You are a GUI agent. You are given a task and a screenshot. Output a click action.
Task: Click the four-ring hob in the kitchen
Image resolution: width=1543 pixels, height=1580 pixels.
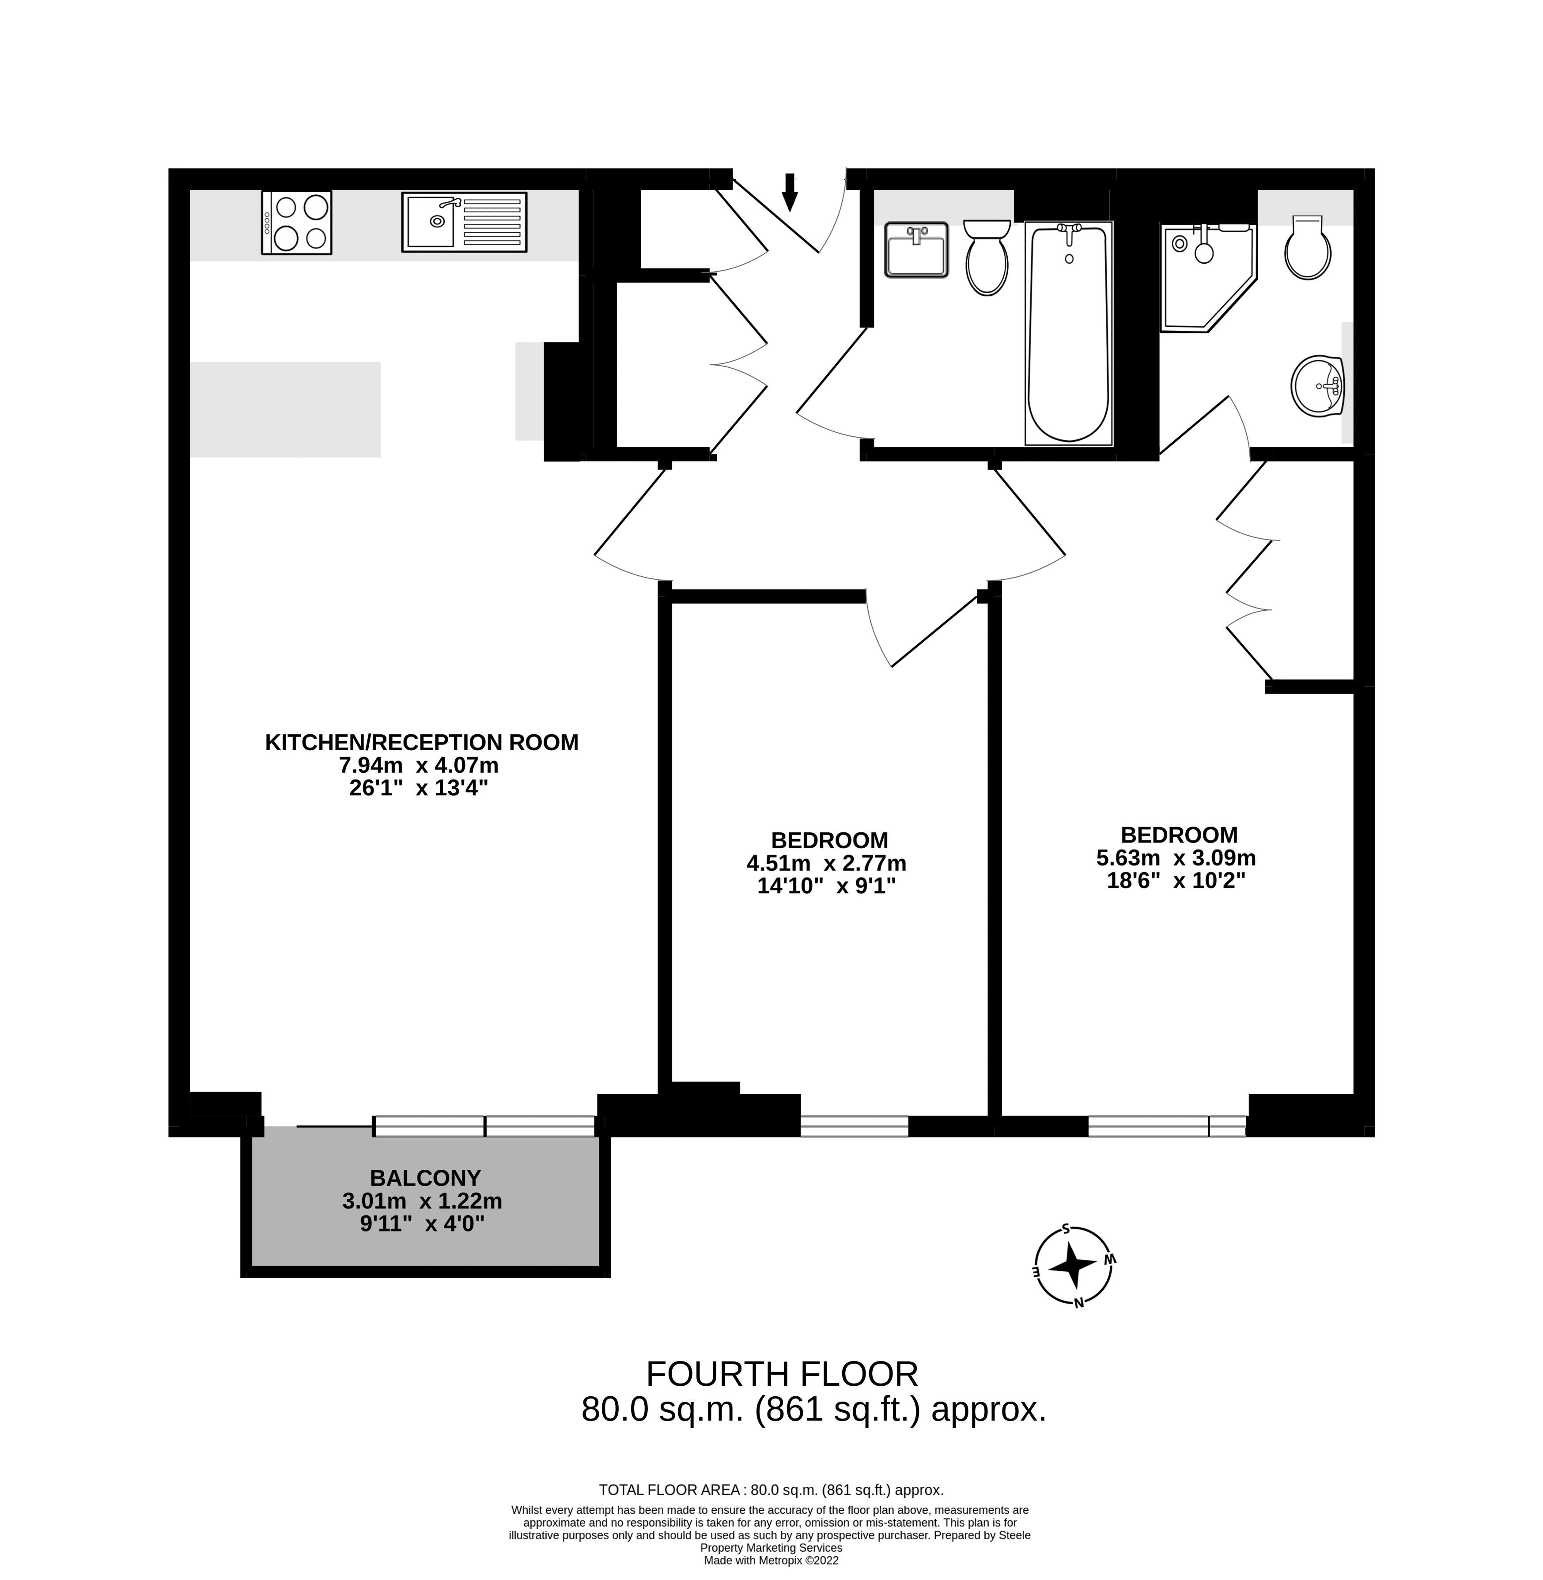click(x=297, y=223)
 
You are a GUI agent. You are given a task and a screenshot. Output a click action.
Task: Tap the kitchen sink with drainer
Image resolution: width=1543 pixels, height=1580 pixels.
click(x=464, y=221)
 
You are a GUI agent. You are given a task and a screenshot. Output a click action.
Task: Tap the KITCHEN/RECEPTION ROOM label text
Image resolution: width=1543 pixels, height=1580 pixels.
click(x=421, y=742)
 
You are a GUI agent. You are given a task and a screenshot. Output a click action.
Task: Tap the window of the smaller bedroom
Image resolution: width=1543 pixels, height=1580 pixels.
click(x=854, y=1126)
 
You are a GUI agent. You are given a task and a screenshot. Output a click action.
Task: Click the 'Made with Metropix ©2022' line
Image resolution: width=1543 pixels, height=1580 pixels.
click(x=771, y=1560)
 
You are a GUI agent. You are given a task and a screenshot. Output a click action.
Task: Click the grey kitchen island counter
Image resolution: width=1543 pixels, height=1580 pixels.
click(x=285, y=409)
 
